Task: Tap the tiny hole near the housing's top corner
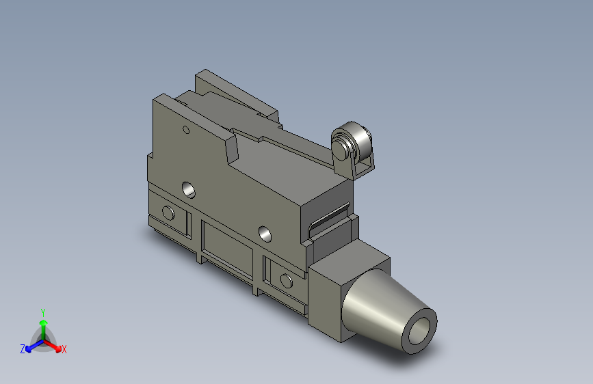click(185, 129)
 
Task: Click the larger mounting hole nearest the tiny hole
click(189, 188)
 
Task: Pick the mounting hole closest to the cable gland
click(265, 234)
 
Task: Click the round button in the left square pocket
click(168, 213)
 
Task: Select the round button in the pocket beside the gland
click(286, 280)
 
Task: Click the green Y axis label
click(43, 311)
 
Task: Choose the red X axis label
click(64, 349)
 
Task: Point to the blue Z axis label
click(23, 349)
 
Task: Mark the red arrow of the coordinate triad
click(55, 346)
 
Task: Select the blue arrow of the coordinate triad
click(31, 346)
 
